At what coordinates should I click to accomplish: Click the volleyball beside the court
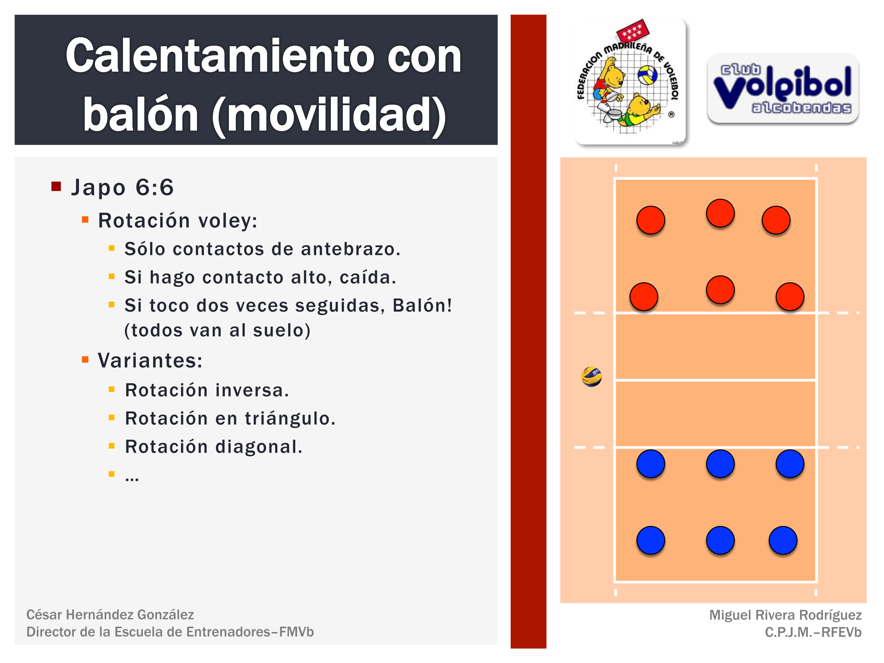tap(591, 377)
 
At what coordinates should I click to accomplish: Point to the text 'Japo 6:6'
tap(122, 187)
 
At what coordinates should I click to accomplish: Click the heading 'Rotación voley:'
tap(178, 221)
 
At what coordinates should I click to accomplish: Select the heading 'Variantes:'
tap(150, 360)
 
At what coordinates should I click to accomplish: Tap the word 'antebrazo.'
tap(350, 249)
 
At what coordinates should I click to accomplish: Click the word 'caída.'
tap(368, 277)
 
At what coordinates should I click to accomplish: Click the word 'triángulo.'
tap(290, 418)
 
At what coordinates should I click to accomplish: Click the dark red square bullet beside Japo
tap(56, 186)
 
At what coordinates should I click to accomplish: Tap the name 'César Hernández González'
tap(110, 615)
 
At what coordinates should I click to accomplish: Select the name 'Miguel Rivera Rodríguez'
tap(785, 615)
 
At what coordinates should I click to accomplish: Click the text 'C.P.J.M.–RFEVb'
tap(813, 632)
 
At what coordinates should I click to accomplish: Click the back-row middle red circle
tap(720, 213)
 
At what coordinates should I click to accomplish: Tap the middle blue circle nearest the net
tap(720, 464)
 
